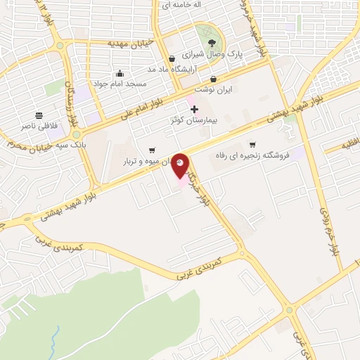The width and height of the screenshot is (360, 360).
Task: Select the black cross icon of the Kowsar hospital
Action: pyautogui.click(x=195, y=110)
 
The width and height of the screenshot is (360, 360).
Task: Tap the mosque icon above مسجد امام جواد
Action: pyautogui.click(x=120, y=73)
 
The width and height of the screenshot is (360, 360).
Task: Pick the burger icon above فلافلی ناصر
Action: pyautogui.click(x=39, y=116)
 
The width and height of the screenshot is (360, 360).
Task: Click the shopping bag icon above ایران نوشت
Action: pyautogui.click(x=214, y=79)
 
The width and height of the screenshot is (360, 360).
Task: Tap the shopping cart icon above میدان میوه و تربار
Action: pyautogui.click(x=152, y=150)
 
